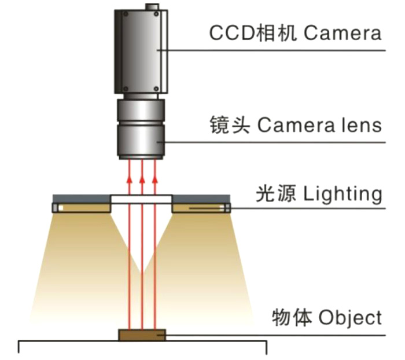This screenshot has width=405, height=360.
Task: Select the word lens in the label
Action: click(x=360, y=124)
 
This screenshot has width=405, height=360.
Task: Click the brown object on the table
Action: click(x=142, y=335)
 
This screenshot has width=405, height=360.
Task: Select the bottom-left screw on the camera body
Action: click(x=124, y=89)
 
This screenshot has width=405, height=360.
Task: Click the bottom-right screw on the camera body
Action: click(x=156, y=89)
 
